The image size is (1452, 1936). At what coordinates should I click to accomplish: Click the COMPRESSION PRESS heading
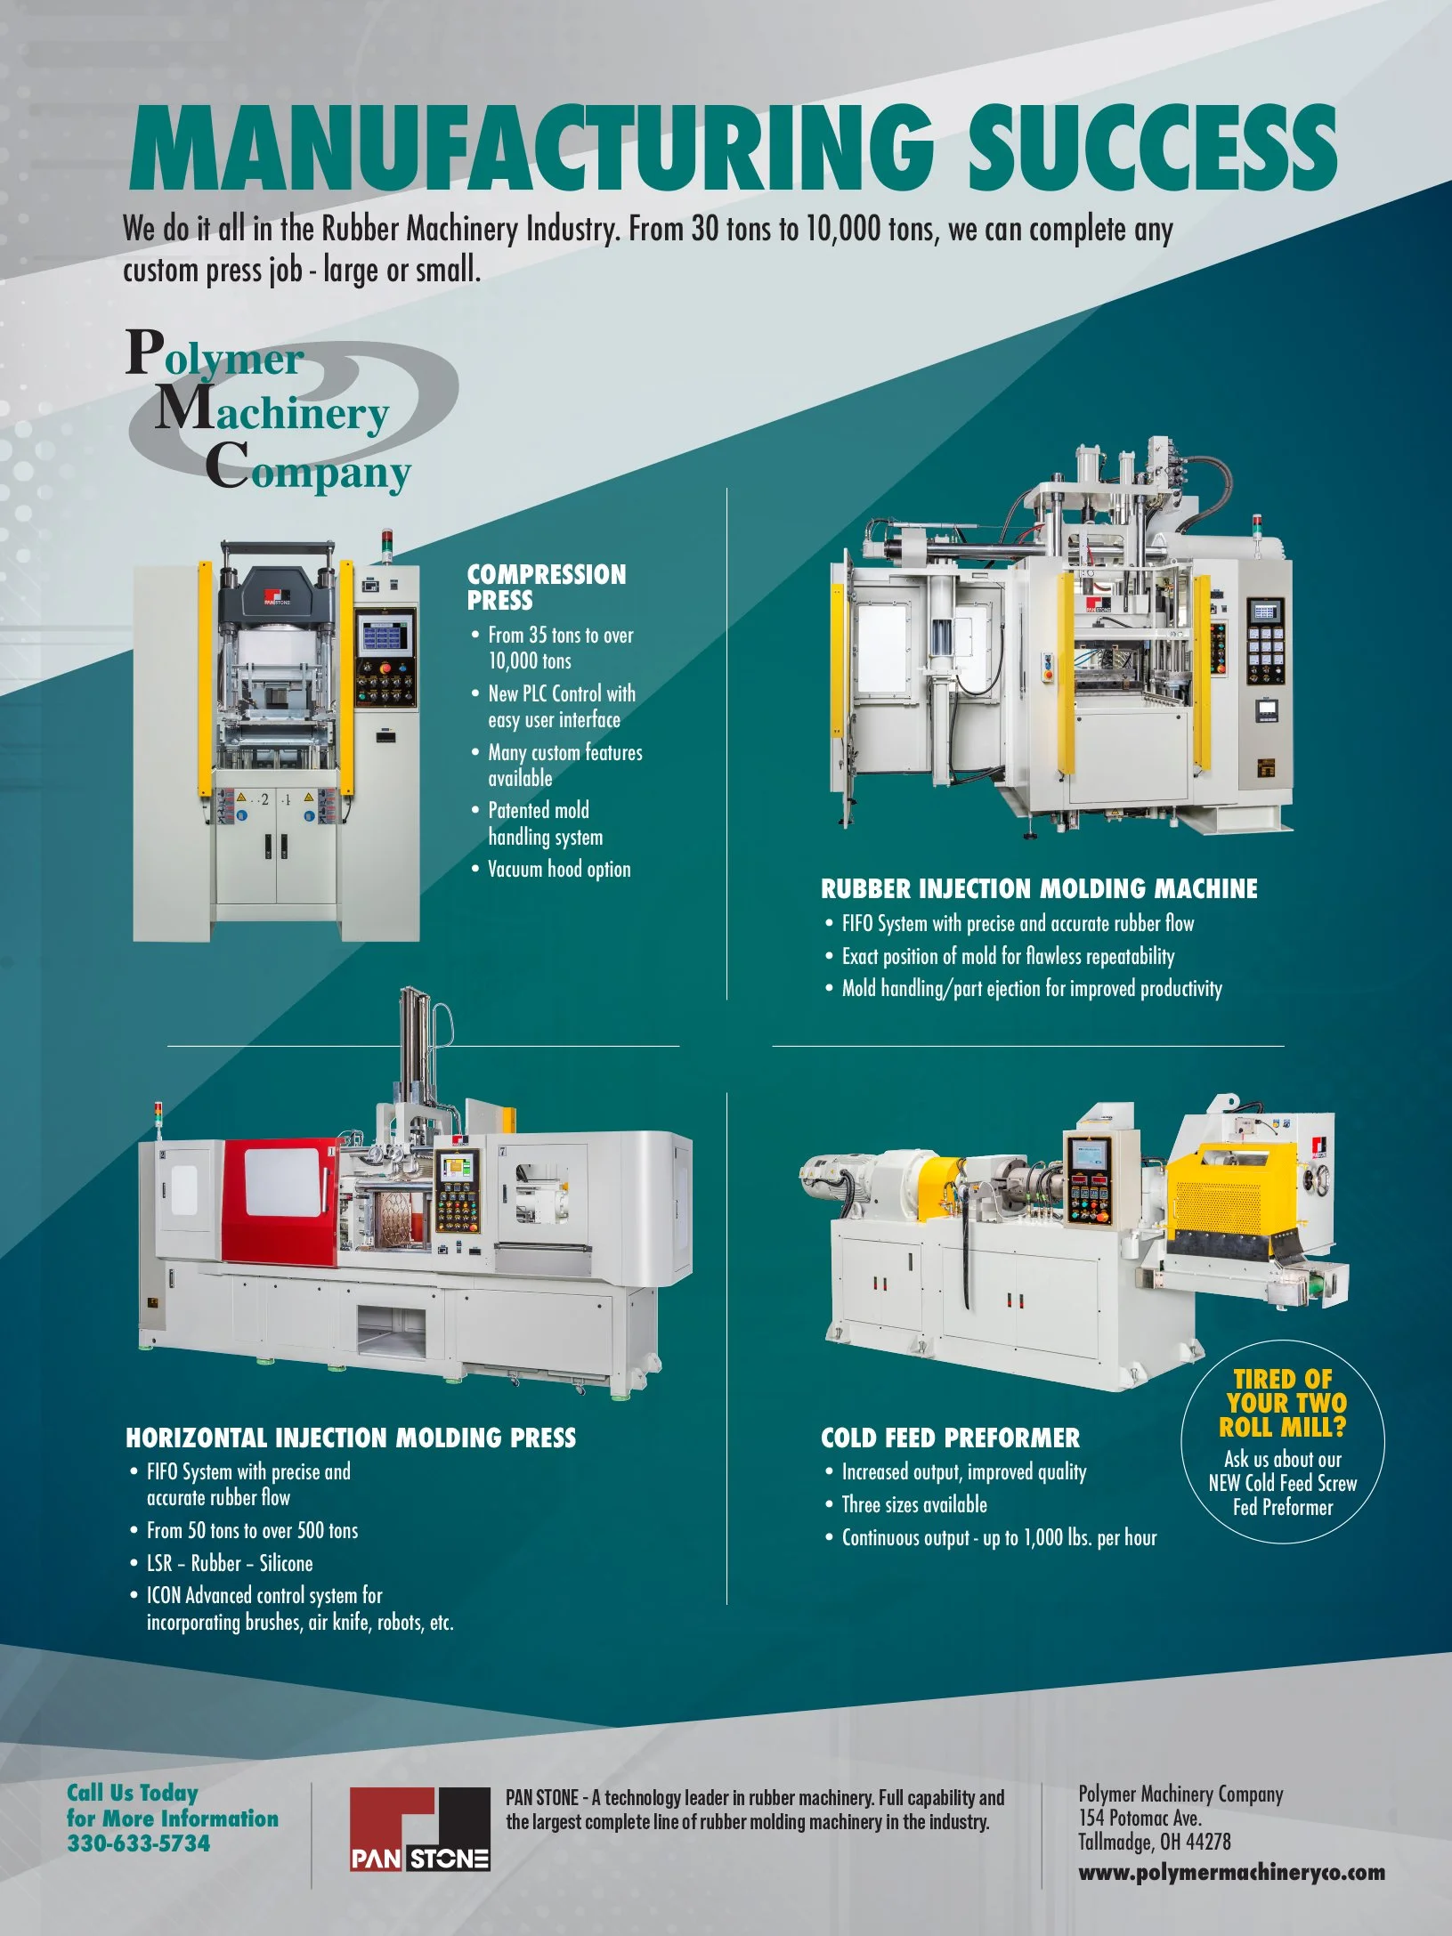[x=546, y=587]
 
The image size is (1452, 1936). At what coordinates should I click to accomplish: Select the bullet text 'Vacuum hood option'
[x=559, y=870]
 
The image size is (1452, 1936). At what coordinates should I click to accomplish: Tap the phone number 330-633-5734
[x=139, y=1843]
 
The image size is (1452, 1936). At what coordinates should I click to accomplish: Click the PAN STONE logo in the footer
[x=419, y=1829]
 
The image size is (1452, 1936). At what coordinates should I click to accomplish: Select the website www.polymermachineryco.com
[x=1231, y=1871]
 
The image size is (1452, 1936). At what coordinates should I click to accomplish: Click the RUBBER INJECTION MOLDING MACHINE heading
[x=1039, y=888]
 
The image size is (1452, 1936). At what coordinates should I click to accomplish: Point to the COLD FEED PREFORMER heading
[x=949, y=1438]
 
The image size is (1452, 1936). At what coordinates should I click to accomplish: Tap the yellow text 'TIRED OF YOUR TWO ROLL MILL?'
[x=1282, y=1403]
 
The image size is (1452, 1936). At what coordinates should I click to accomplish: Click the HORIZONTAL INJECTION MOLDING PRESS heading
[x=351, y=1438]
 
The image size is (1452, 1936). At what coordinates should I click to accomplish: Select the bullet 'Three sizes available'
[x=914, y=1504]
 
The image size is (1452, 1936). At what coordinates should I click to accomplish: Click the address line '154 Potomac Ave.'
[x=1140, y=1818]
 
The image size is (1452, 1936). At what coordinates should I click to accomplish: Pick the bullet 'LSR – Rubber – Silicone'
[x=230, y=1563]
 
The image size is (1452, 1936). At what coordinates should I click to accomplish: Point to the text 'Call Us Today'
[x=133, y=1793]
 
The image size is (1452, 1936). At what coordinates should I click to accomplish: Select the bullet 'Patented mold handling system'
[x=545, y=823]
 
